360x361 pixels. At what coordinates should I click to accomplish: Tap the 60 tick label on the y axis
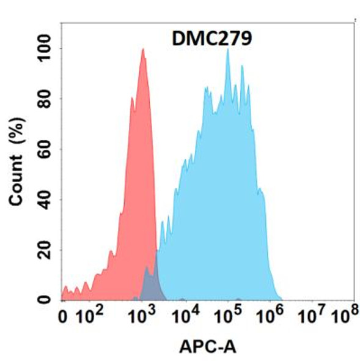pyautogui.click(x=45, y=149)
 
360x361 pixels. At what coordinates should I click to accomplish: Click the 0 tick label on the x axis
pyautogui.click(x=62, y=318)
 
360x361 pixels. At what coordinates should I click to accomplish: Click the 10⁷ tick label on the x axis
pyautogui.click(x=317, y=316)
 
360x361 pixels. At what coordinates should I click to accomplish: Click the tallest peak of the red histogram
pyautogui.click(x=143, y=51)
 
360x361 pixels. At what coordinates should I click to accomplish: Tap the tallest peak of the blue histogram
pyautogui.click(x=228, y=51)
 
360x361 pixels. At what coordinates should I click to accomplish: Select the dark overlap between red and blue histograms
pyautogui.click(x=150, y=285)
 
